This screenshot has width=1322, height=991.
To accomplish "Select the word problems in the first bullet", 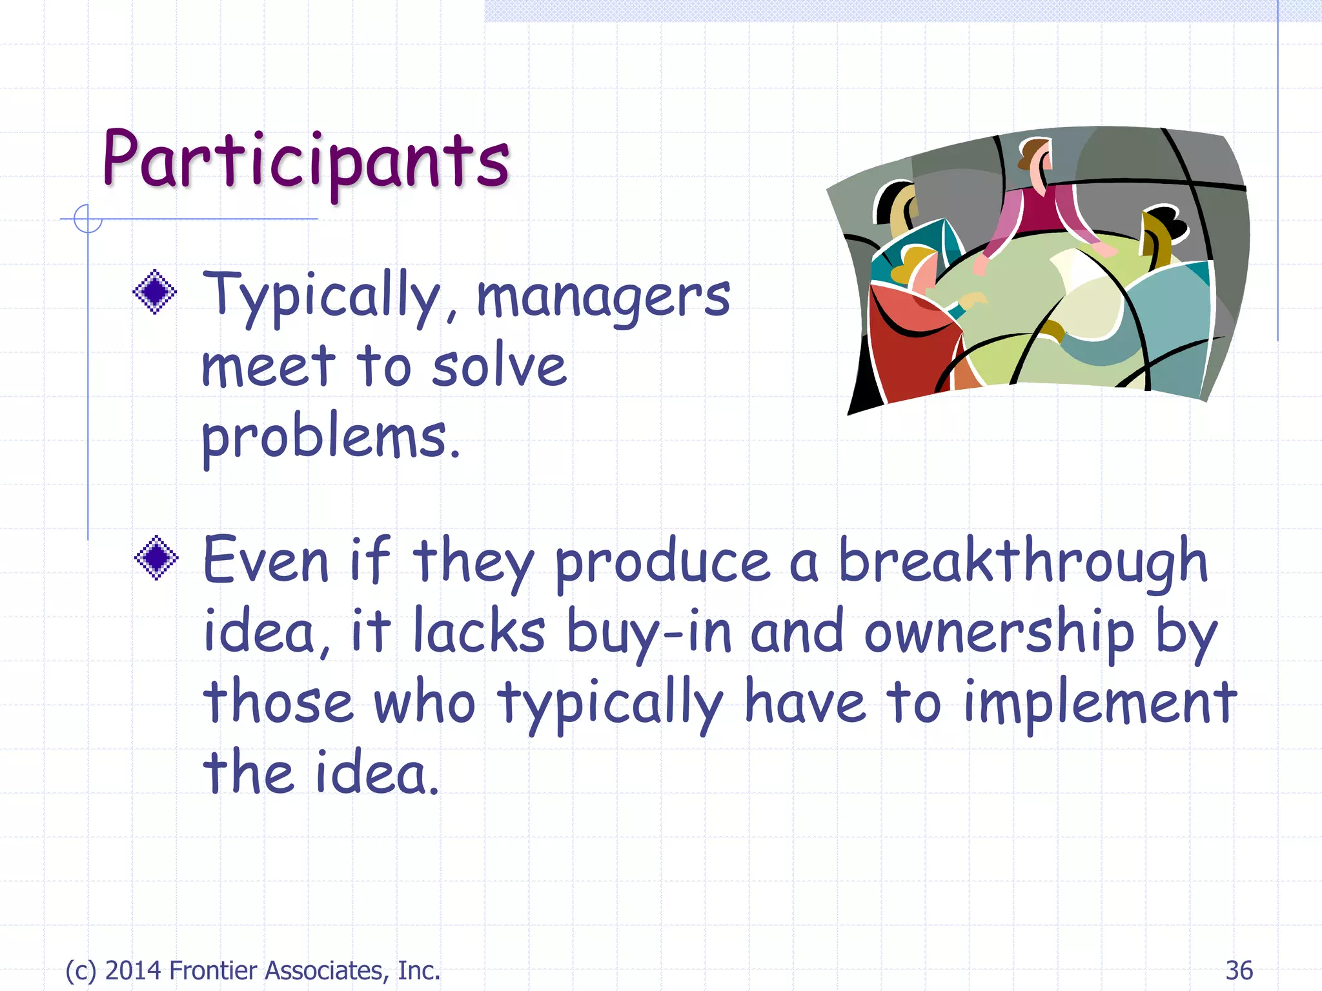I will [330, 437].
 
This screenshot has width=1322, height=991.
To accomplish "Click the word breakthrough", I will [1022, 560].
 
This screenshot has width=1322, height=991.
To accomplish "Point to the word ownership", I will [999, 632].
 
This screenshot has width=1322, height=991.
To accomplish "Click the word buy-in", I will [649, 632].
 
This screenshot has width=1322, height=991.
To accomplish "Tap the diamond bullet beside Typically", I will [155, 292].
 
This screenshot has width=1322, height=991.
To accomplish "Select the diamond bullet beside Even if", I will [156, 557].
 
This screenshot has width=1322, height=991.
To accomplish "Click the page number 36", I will [1239, 970].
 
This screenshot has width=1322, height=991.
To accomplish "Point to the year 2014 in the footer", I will [133, 970].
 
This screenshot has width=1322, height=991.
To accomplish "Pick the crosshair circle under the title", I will [88, 219].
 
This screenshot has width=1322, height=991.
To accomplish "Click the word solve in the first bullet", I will [499, 366].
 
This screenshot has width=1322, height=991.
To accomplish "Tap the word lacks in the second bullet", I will [478, 632].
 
